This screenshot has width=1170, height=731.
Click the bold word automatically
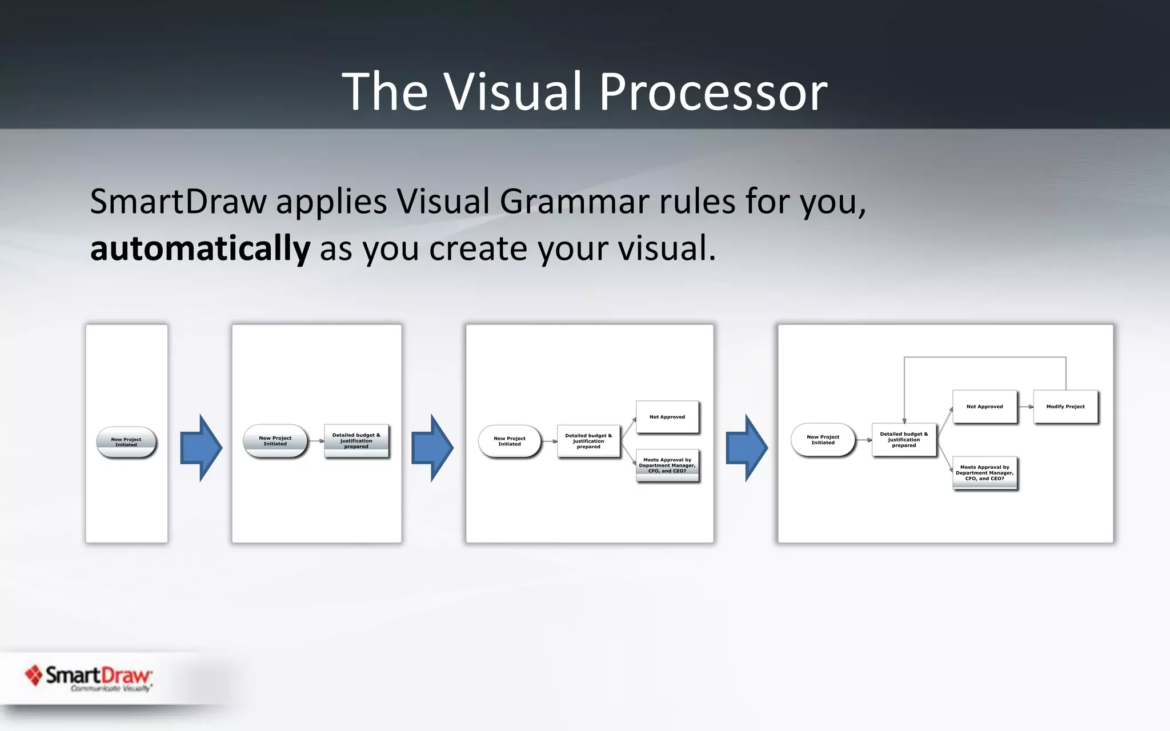coord(200,248)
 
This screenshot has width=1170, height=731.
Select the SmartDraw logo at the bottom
coord(89,677)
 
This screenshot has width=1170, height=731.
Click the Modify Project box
coord(1065,407)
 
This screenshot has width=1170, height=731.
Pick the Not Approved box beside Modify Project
coord(984,407)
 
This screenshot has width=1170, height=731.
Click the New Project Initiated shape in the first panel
coord(126,442)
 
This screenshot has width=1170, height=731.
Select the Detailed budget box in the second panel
coord(356,441)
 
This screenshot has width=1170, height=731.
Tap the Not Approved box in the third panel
coord(667,417)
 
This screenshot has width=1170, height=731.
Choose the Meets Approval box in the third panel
coord(667,465)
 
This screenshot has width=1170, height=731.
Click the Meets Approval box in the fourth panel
coord(984,473)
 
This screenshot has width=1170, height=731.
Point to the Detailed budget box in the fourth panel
coord(904,440)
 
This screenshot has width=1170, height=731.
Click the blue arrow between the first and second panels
coord(201,448)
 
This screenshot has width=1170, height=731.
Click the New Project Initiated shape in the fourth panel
coord(823,440)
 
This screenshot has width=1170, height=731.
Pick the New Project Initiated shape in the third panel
coord(510,441)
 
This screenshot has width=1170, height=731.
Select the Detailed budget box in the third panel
coord(588,441)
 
